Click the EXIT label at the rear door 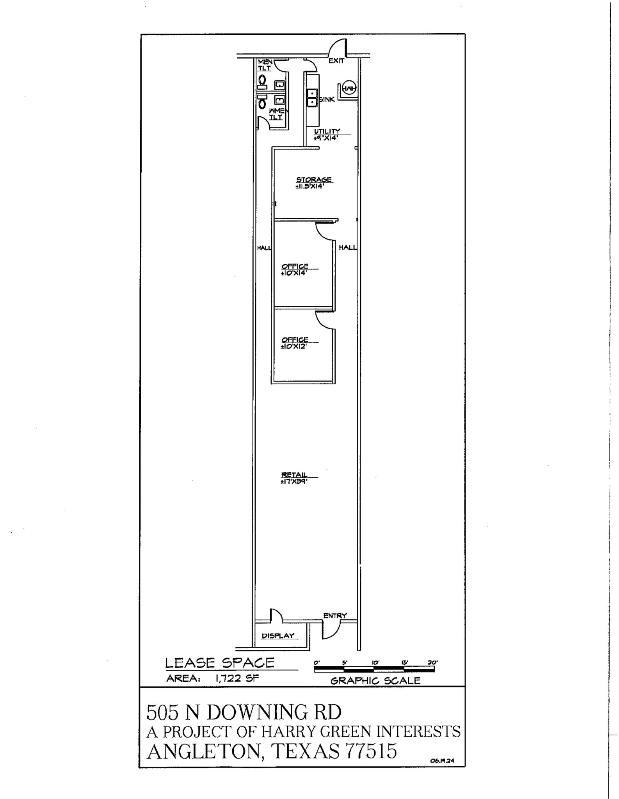click(336, 61)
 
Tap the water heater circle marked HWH click(349, 89)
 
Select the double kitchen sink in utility click(312, 98)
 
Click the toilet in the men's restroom click(262, 81)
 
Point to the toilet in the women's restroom click(262, 102)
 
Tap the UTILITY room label click(327, 131)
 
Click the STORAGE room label click(314, 179)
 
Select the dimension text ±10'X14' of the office click(294, 273)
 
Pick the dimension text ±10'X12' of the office click(293, 346)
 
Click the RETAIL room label click(294, 475)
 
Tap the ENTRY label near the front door click(335, 616)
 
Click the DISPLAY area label click(278, 636)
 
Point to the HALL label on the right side click(347, 247)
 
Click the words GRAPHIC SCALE click(375, 681)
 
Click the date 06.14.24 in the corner click(442, 760)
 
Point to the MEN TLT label click(265, 65)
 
